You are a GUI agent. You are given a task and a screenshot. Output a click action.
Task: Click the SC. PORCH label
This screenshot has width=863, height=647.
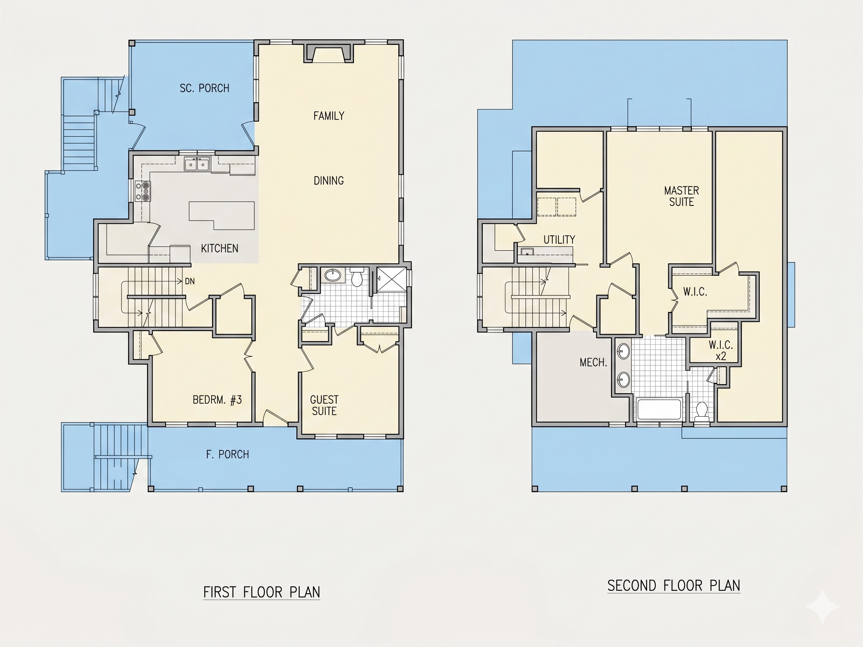204,88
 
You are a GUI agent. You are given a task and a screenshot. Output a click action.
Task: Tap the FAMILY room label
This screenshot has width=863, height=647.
329,116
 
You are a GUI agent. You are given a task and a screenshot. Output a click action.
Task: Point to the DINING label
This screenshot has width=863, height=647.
329,181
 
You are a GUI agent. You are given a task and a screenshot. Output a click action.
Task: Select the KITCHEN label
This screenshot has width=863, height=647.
220,248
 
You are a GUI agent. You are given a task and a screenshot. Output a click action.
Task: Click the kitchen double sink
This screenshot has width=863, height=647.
197,164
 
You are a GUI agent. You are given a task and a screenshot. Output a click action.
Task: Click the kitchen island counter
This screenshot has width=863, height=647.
222,215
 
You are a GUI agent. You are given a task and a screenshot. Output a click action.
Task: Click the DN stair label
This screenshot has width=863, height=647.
190,281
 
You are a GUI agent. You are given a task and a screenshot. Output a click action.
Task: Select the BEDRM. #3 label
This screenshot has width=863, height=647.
217,400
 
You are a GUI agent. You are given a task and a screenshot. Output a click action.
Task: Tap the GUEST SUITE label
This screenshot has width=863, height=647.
324,405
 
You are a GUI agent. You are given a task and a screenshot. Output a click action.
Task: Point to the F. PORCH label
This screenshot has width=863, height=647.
227,454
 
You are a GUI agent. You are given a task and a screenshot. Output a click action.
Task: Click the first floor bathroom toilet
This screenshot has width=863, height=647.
357,277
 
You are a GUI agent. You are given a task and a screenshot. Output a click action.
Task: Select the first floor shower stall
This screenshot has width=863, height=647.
392,279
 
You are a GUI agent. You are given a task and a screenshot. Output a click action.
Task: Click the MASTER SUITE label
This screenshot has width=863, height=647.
682,196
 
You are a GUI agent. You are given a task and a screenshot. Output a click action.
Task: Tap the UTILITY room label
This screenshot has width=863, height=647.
559,239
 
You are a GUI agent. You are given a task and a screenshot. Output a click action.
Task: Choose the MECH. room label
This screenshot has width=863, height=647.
593,363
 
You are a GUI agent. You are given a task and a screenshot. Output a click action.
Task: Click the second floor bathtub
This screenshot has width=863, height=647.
659,409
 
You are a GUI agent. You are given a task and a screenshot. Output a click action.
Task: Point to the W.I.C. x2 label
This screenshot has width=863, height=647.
721,350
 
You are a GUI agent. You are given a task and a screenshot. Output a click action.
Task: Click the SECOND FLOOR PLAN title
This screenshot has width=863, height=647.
674,586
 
